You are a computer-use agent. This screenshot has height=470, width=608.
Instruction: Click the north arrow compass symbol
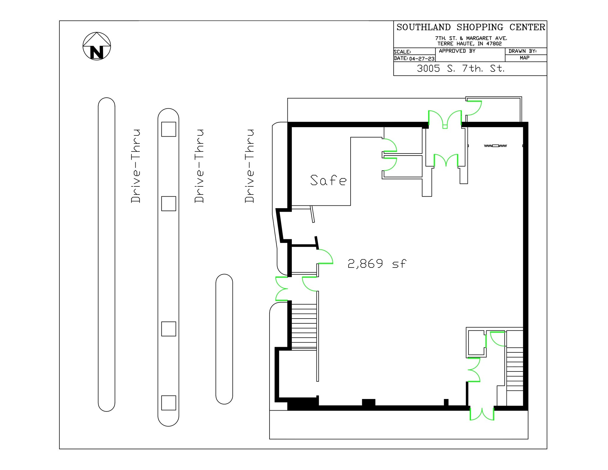click(x=96, y=46)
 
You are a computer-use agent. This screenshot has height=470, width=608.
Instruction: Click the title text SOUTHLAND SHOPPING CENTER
click(x=471, y=27)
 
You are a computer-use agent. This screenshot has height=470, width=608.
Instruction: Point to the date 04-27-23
click(x=422, y=59)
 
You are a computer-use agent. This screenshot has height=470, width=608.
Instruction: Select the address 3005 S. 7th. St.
click(x=460, y=69)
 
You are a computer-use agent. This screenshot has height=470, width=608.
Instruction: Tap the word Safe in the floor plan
click(x=328, y=180)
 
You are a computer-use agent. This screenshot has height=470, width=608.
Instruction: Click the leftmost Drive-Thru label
click(x=135, y=166)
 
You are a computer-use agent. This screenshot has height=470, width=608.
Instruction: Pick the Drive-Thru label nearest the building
click(x=249, y=166)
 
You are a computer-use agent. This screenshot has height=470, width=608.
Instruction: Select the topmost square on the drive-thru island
click(x=169, y=129)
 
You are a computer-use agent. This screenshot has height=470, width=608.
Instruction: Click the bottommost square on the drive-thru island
click(x=169, y=403)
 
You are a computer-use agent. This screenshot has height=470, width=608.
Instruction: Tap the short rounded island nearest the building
click(x=224, y=339)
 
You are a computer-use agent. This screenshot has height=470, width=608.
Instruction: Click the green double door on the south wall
click(x=482, y=414)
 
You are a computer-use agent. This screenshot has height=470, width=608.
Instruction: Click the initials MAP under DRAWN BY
click(x=524, y=58)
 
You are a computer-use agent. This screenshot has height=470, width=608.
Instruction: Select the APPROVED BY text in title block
click(x=457, y=51)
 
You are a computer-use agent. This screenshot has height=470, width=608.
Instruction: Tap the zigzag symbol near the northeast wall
click(x=495, y=146)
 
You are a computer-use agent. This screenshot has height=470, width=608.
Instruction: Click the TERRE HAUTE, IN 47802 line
click(x=469, y=44)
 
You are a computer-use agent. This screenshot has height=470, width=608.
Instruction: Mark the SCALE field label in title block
click(x=402, y=52)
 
